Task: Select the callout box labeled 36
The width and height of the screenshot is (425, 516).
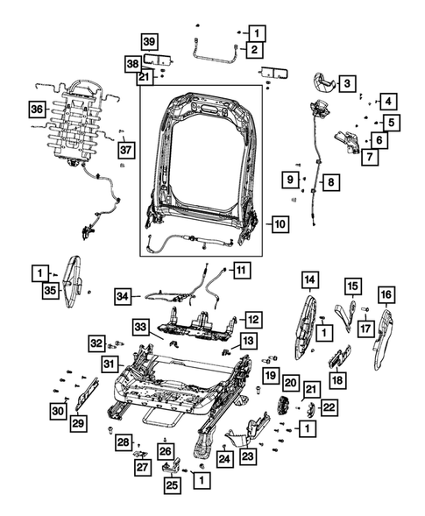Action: pos(36,110)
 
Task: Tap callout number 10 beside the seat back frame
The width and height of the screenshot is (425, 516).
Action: pos(347,84)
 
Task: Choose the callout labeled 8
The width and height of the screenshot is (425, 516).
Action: pos(330,183)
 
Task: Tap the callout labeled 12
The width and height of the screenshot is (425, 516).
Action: pos(252,320)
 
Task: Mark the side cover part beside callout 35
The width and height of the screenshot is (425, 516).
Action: pos(74,277)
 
